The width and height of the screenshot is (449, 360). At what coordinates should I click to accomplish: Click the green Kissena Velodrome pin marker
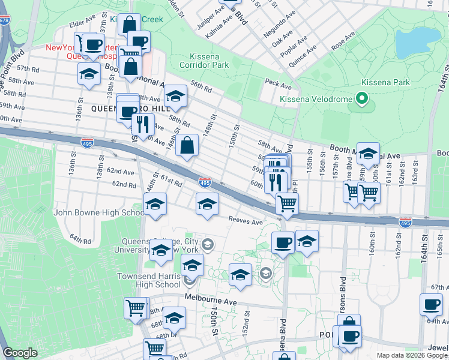pos(361,97)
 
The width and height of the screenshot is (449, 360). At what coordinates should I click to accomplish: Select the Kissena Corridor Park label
pos(205,60)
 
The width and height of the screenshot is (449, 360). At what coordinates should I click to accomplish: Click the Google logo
pos(20,353)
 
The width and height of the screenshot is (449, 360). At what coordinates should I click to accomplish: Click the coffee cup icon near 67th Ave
pos(431,304)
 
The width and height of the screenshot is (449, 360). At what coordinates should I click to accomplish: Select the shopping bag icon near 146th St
pos(187,145)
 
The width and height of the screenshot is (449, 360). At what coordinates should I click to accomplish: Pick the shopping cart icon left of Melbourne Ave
pos(136,308)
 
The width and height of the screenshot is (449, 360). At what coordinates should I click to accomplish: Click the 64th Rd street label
pos(79,239)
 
